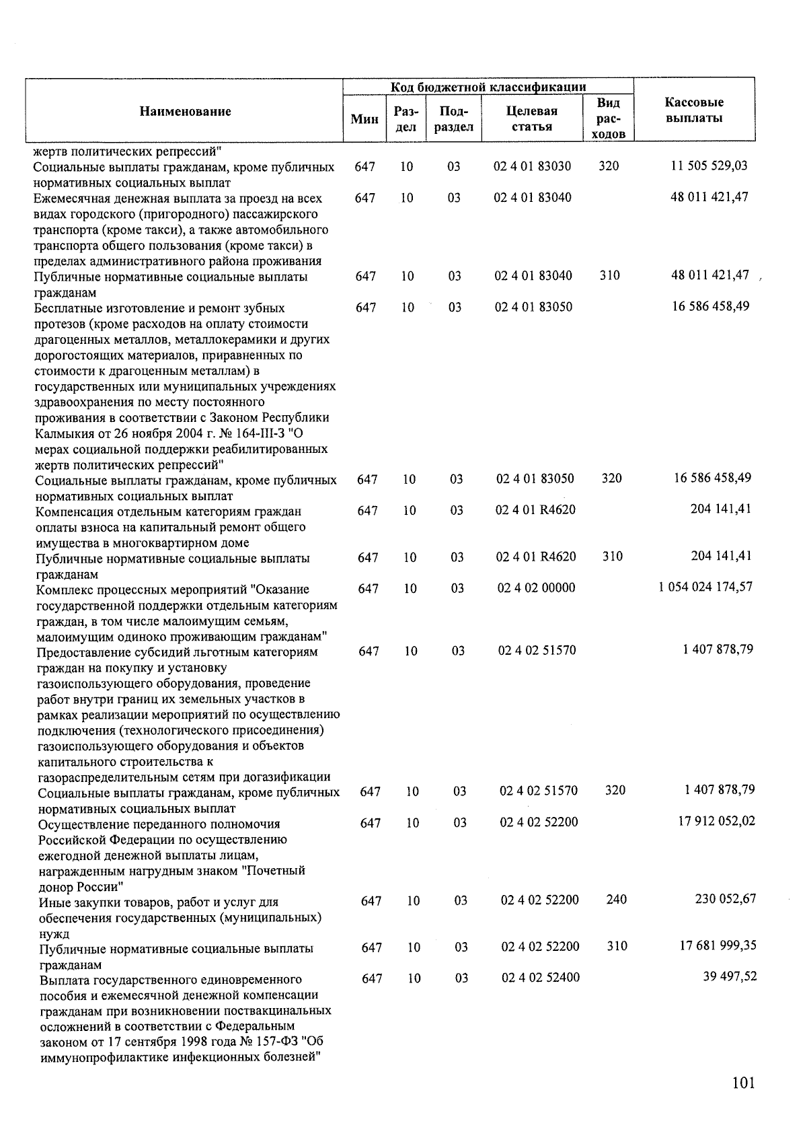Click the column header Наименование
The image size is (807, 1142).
click(x=185, y=112)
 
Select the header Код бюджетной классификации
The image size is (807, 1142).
click(x=488, y=87)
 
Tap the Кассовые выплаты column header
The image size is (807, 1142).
click(x=694, y=110)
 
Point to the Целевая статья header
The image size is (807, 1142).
click(x=531, y=118)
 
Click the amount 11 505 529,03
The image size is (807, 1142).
click(x=709, y=166)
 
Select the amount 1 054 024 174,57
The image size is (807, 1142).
click(x=705, y=587)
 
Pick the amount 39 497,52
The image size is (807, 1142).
click(x=730, y=976)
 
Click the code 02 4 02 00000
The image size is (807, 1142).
click(x=536, y=588)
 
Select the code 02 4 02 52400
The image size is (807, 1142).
click(x=540, y=978)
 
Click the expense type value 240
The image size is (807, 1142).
click(x=616, y=900)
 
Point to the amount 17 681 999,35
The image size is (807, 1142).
click(x=718, y=945)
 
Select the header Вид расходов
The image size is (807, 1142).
click(x=609, y=118)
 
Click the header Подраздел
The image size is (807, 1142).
click(x=454, y=118)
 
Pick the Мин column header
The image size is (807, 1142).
click(x=364, y=120)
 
